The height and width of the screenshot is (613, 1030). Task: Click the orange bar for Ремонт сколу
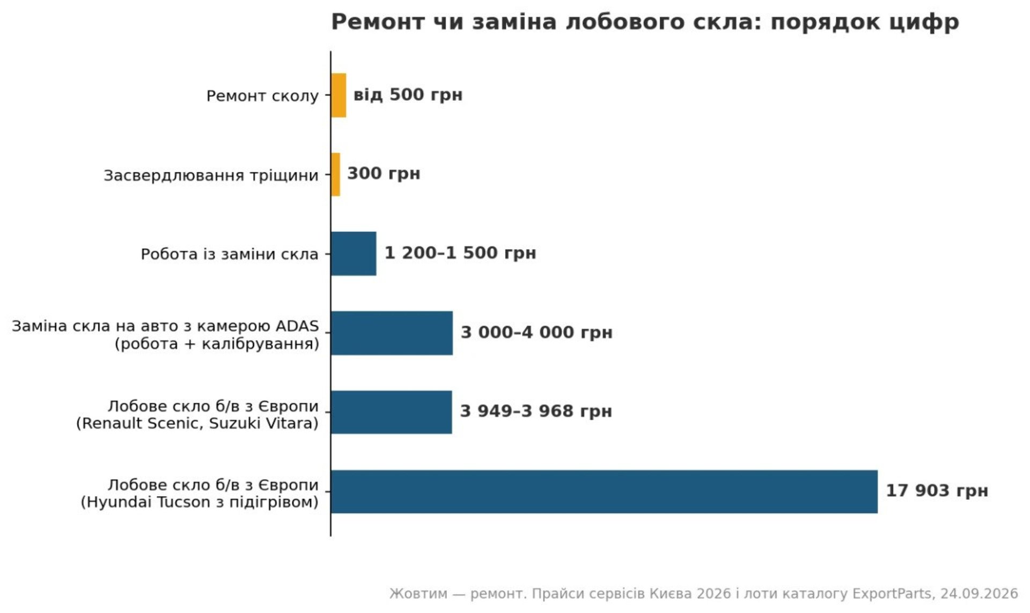(339, 95)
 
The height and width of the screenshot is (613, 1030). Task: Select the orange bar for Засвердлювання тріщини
(336, 174)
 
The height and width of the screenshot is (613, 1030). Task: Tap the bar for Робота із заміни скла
(354, 254)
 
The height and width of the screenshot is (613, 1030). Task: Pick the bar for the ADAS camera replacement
(392, 333)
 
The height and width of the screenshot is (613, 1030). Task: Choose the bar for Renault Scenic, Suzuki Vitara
(392, 412)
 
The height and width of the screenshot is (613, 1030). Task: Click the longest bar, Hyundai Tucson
(604, 492)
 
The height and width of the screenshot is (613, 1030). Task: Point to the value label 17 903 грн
(937, 491)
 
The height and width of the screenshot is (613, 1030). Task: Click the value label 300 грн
(384, 174)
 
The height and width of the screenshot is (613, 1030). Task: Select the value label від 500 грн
(408, 95)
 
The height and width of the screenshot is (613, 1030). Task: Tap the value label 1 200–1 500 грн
(460, 253)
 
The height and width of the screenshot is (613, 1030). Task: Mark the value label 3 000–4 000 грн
(536, 333)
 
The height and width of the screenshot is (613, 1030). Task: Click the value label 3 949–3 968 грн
(536, 411)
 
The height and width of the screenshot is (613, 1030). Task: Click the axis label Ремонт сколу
(262, 96)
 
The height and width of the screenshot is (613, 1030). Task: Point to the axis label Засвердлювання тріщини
(211, 175)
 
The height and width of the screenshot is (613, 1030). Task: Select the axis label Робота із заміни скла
(230, 254)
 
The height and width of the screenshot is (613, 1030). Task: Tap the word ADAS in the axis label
(297, 326)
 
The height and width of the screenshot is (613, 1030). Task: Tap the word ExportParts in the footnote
(892, 594)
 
